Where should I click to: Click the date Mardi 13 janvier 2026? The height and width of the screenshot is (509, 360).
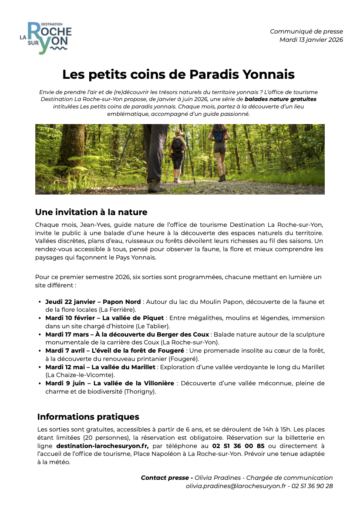311,40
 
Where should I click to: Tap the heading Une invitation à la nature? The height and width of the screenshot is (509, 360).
91,212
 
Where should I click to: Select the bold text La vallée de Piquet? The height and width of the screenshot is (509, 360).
133,318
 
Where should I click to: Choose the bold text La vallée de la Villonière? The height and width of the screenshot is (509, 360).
134,383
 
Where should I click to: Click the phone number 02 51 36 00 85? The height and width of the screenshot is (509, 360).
238,446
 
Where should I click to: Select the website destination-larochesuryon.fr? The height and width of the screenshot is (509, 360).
102,446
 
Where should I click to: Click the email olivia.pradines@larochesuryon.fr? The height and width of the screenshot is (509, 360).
236,486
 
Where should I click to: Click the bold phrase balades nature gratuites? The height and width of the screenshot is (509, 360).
280,99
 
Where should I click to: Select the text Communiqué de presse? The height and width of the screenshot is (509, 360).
306,31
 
